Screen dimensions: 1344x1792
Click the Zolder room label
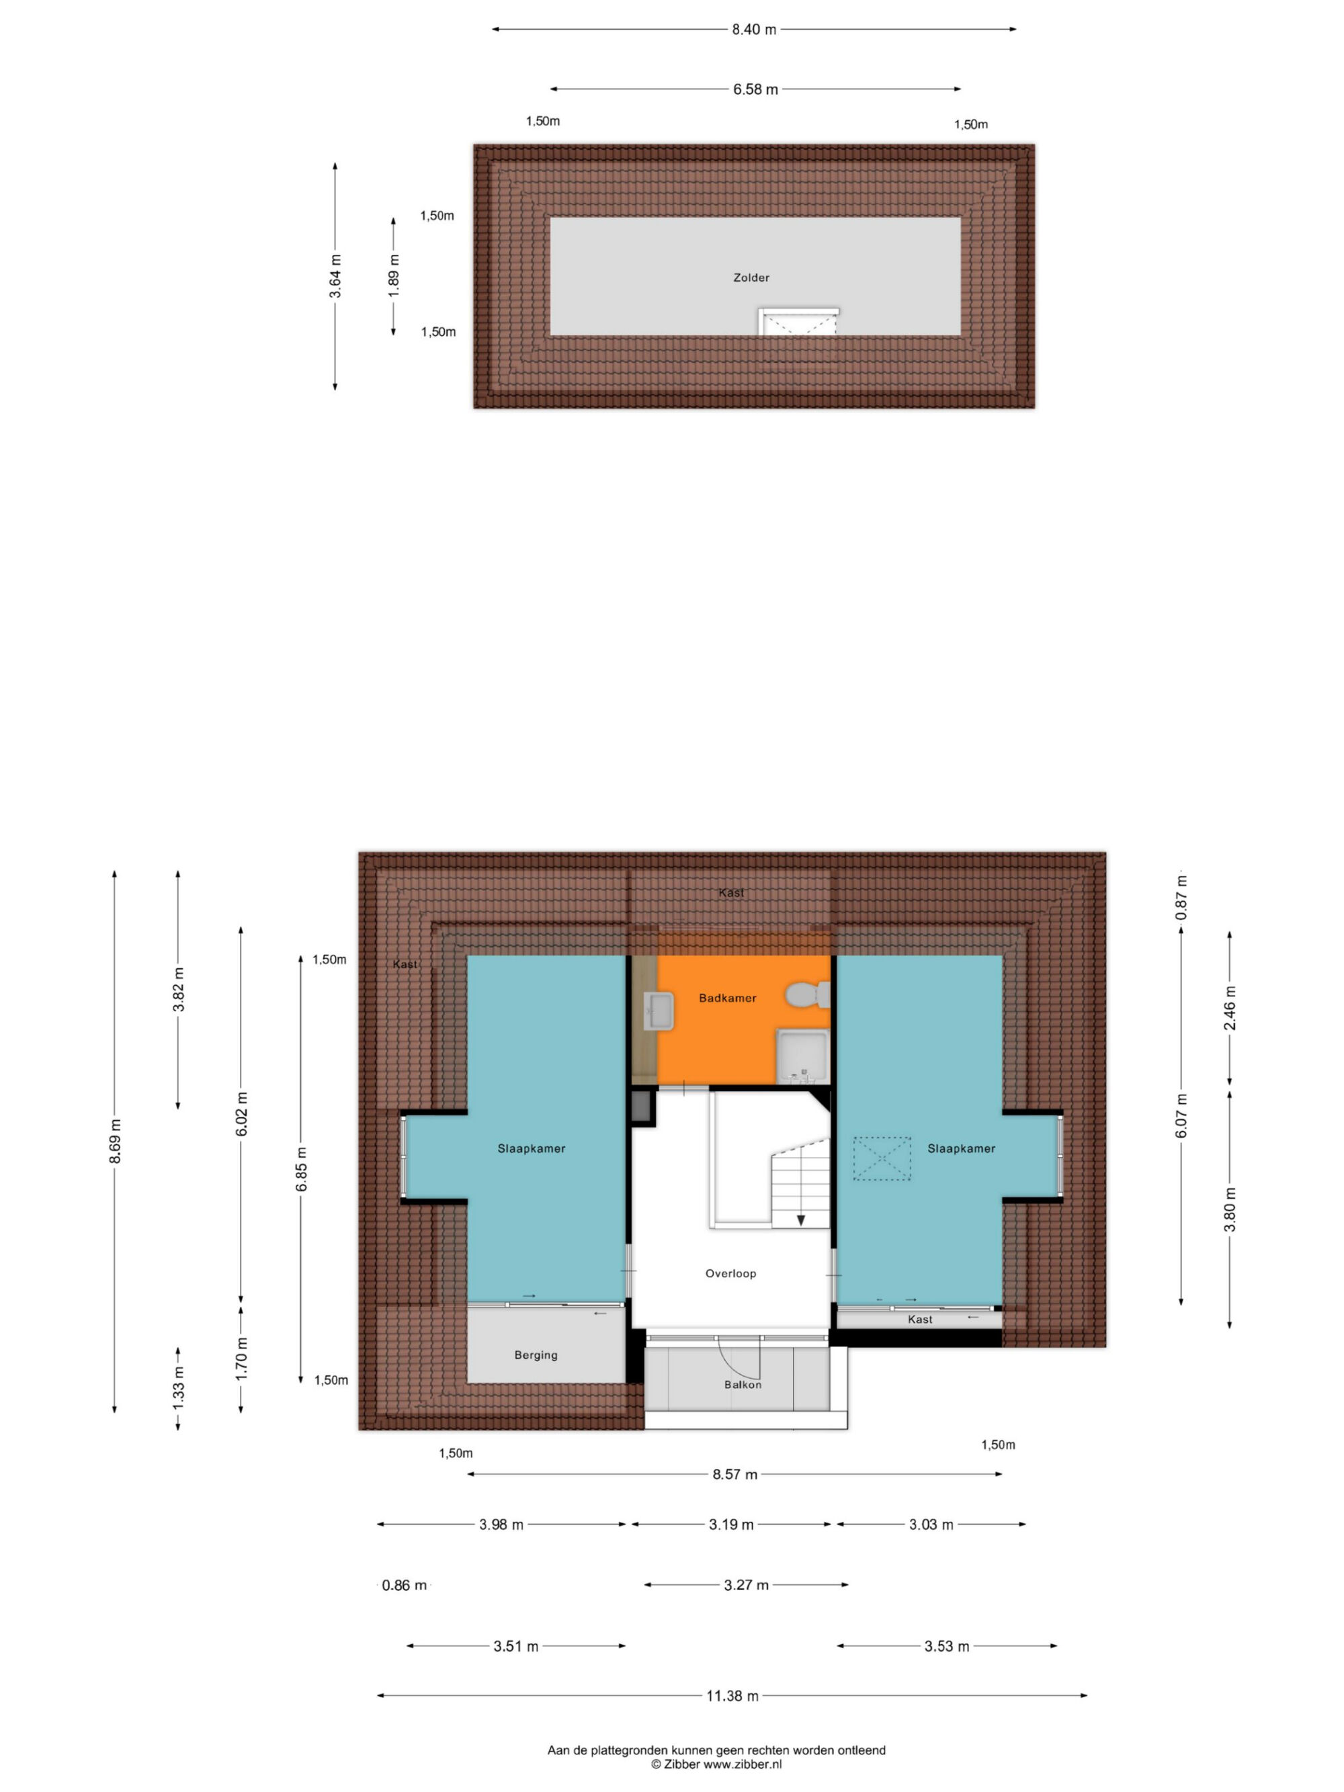(751, 277)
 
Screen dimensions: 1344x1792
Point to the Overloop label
(730, 1273)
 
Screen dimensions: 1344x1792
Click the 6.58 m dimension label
(755, 89)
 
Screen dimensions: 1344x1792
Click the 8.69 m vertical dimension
(115, 1142)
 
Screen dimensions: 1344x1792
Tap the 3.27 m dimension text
(746, 1584)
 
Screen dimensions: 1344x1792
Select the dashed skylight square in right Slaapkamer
(882, 1158)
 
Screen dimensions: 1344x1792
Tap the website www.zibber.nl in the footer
(742, 1764)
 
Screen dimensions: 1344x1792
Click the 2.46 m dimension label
(1230, 1008)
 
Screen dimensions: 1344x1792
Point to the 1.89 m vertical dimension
(394, 275)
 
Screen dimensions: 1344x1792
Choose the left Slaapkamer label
(532, 1149)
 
